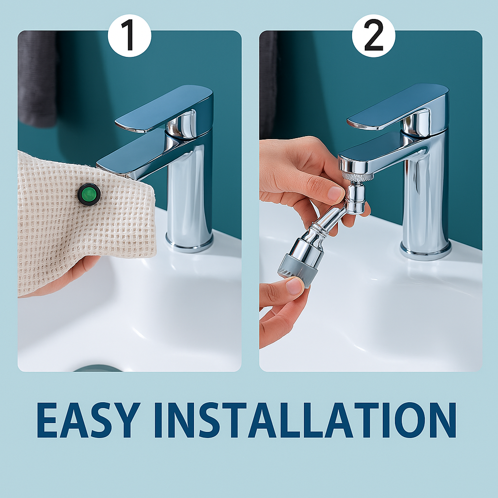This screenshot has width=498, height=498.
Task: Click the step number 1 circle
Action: (x=129, y=36)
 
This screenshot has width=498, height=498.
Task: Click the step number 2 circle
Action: (x=373, y=36)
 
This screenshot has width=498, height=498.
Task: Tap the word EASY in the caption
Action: (x=89, y=420)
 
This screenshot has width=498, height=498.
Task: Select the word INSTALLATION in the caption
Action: (x=305, y=420)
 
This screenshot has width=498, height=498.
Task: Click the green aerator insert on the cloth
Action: (x=89, y=194)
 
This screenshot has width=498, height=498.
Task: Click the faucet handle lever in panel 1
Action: (x=164, y=108)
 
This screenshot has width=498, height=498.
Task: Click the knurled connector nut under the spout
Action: (x=357, y=177)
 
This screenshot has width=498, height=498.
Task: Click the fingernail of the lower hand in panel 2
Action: (x=294, y=286)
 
